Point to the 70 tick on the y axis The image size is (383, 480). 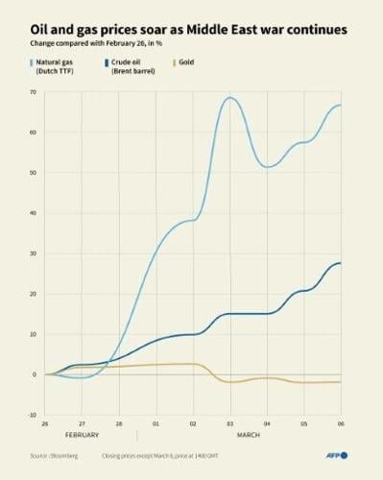coord(33,91)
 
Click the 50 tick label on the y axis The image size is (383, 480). coord(33,173)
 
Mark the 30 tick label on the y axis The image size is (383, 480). coord(33,253)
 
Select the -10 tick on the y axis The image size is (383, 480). coord(33,415)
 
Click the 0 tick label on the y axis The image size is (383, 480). coord(35,374)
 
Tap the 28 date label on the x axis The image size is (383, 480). coord(119,421)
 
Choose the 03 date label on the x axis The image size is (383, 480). coord(230,421)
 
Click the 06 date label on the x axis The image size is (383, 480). coord(341,421)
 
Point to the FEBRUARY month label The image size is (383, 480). coord(82,435)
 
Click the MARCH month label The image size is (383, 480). coord(248,435)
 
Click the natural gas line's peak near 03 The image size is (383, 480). coord(230,97)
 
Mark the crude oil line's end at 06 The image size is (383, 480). coord(341,263)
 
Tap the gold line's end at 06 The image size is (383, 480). coord(341,382)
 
